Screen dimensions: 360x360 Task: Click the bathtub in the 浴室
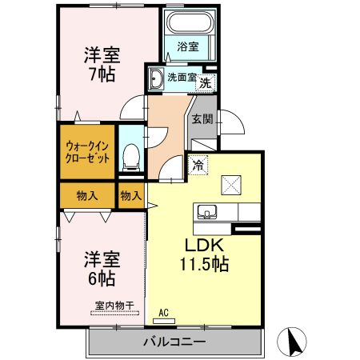click(190, 22)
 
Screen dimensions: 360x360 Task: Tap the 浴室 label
click(188, 46)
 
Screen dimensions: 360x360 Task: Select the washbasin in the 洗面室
click(156, 78)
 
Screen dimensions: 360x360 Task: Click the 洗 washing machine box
click(206, 83)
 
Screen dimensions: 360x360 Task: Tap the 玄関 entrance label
click(202, 119)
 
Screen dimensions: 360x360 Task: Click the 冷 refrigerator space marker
click(198, 166)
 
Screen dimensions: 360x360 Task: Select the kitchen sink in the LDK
click(207, 212)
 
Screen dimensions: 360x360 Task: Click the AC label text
click(164, 313)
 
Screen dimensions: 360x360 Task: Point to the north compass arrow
click(293, 342)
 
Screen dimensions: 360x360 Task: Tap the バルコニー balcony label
click(174, 342)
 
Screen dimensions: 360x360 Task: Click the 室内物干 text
click(114, 306)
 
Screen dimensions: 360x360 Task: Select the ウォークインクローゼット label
click(87, 152)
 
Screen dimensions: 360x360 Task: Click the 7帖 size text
click(102, 74)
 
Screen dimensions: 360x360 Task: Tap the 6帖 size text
click(102, 279)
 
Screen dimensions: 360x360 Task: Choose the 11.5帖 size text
click(205, 264)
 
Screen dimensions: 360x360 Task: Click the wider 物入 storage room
click(87, 195)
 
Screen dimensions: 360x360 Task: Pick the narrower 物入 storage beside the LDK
click(131, 195)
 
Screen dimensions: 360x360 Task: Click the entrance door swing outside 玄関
click(231, 122)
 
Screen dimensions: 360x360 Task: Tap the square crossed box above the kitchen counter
click(231, 185)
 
